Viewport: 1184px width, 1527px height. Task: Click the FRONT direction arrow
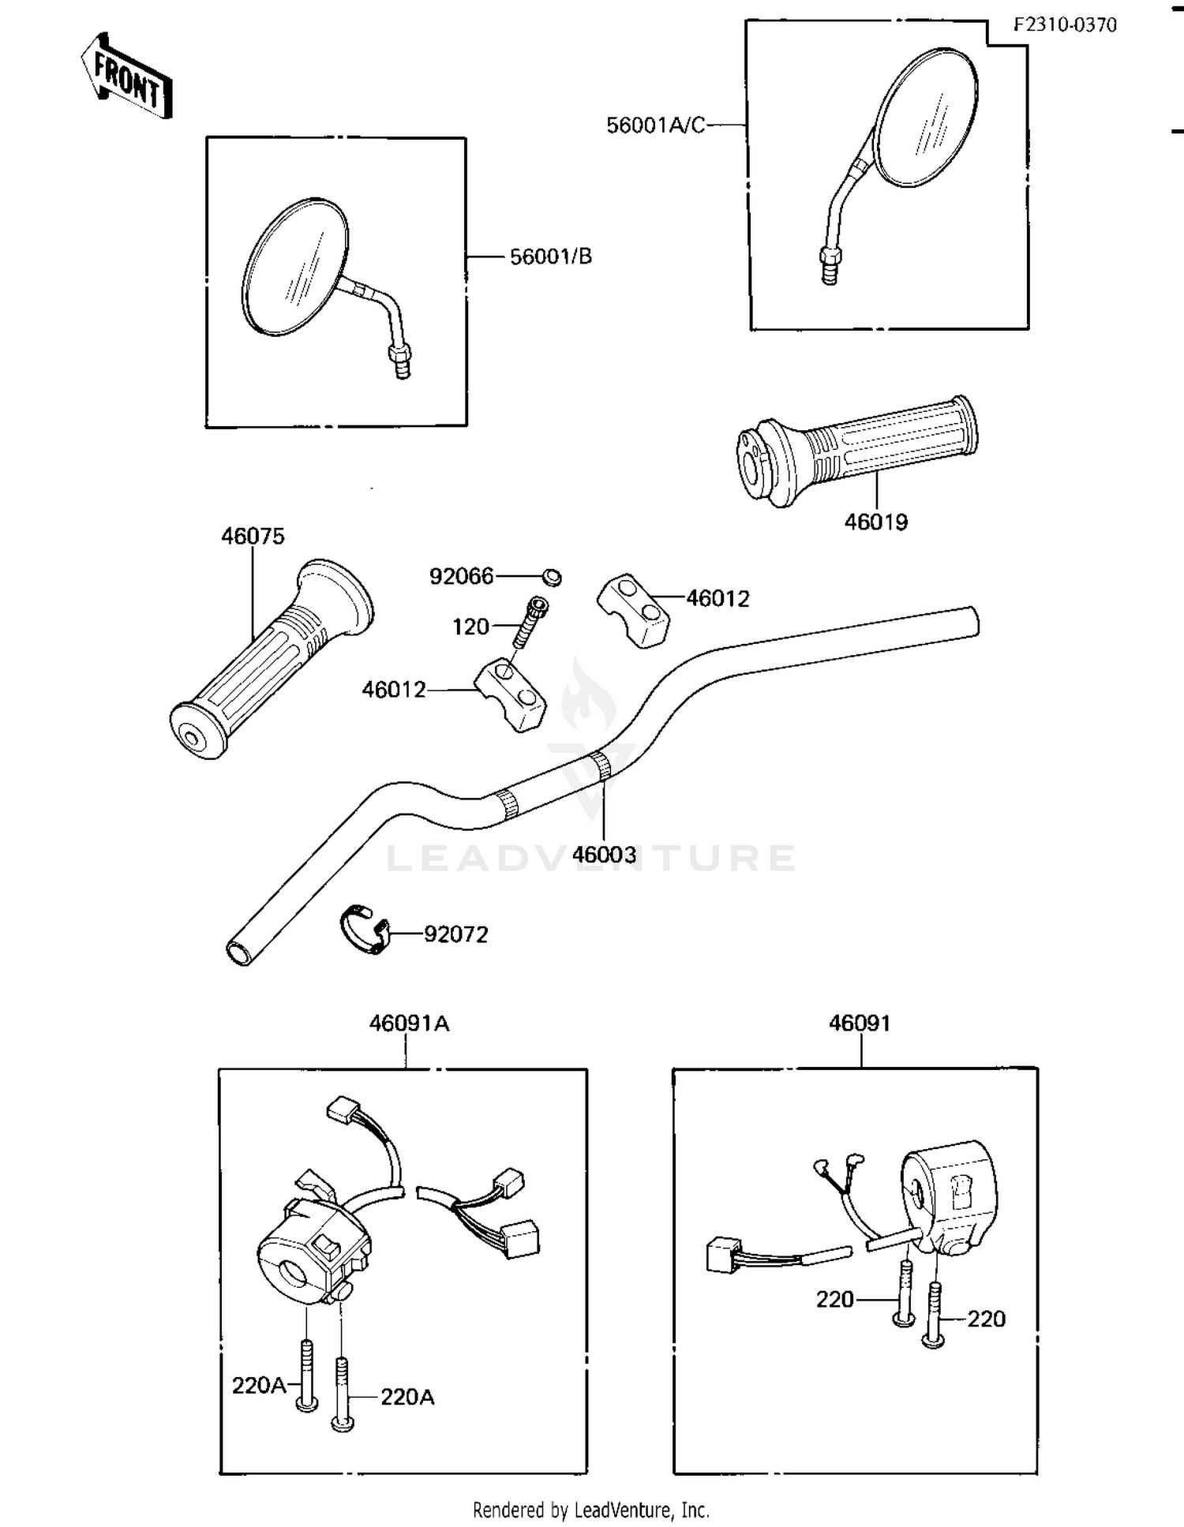[x=127, y=77]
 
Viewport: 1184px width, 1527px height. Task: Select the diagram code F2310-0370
[x=1065, y=25]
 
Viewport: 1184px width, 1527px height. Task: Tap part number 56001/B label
[x=550, y=256]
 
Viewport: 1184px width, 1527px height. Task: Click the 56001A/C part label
[x=655, y=125]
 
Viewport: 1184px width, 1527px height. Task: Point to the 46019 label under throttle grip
[x=875, y=522]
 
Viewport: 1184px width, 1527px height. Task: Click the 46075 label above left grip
[x=253, y=536]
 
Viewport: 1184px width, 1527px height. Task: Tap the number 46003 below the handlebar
[x=604, y=855]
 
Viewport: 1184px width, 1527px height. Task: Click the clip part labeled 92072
[x=365, y=930]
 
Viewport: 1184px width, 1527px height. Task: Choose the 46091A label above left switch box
[x=409, y=1024]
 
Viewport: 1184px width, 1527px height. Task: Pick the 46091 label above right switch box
[x=860, y=1024]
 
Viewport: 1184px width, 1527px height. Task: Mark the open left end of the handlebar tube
[x=239, y=953]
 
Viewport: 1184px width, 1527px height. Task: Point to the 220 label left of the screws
[x=834, y=1299]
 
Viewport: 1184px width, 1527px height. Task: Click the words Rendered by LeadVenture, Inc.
[x=590, y=1510]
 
